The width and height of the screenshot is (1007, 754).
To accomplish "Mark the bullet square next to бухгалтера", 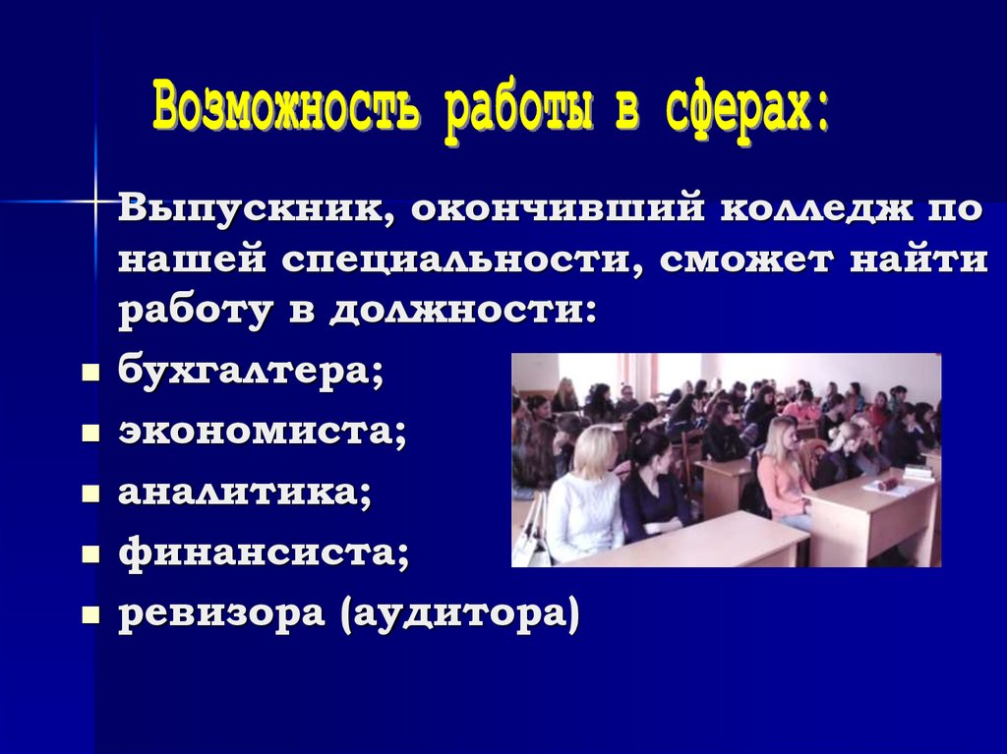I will tap(90, 375).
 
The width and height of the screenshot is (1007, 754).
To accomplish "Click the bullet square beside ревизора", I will tap(90, 615).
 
